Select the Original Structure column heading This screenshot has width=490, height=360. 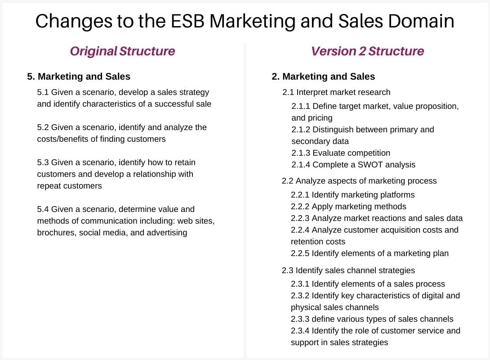122,51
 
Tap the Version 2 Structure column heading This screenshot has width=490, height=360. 367,51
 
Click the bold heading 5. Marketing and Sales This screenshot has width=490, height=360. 79,76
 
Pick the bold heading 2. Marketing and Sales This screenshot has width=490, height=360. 323,76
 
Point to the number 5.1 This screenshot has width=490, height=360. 43,92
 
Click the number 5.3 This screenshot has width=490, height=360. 43,162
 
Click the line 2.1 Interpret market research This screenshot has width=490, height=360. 336,92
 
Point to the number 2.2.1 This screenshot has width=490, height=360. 300,195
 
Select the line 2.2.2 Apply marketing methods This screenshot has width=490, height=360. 348,207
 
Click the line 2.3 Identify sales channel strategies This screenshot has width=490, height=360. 348,270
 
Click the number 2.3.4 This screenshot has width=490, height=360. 300,331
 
